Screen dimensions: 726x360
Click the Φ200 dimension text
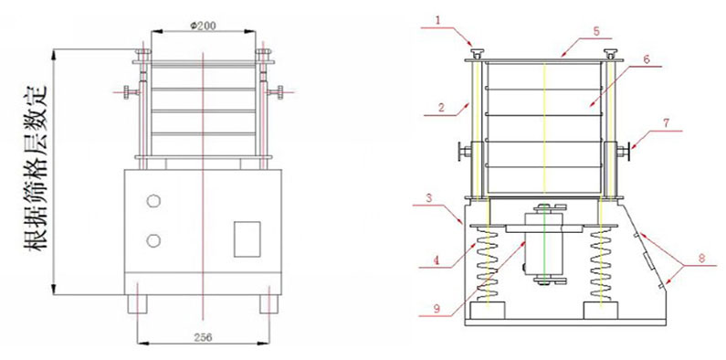[x=203, y=26]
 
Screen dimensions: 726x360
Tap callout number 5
[x=596, y=31]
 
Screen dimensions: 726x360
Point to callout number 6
[x=647, y=58]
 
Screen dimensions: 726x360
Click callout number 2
[x=441, y=108]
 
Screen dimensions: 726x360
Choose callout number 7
[x=666, y=123]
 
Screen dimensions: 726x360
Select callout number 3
[x=428, y=198]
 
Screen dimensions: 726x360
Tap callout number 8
[x=702, y=259]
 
